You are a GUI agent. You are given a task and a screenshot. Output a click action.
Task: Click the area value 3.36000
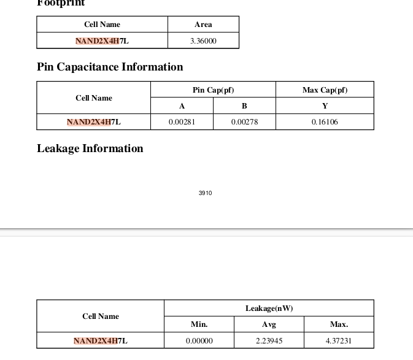203,41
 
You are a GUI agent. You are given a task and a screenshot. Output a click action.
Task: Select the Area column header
203,25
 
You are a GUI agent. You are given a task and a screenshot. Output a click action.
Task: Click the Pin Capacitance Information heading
110,67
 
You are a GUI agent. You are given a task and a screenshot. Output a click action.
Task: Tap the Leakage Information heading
90,148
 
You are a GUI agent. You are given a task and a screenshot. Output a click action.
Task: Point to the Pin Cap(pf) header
213,90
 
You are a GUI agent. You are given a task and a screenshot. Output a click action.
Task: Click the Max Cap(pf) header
325,90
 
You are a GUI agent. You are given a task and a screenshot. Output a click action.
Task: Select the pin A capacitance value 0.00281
182,122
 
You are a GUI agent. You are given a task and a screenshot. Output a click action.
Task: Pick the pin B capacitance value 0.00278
244,122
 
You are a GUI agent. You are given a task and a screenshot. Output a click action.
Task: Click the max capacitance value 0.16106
325,122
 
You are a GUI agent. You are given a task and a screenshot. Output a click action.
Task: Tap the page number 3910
206,193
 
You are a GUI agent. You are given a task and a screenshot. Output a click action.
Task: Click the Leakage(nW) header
269,308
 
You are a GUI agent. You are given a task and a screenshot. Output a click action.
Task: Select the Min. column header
199,324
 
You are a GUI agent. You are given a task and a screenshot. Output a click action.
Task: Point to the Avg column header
269,324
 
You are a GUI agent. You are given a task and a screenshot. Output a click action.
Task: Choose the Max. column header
339,324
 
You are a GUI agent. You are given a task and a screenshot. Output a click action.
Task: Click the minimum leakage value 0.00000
199,340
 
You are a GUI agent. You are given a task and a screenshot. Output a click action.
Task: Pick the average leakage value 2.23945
269,340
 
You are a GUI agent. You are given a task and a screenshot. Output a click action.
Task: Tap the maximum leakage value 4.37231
339,340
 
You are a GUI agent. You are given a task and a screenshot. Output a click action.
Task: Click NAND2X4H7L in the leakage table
101,340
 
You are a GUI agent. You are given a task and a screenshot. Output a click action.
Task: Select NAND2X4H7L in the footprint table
102,41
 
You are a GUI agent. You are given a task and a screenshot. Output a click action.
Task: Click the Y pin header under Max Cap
325,106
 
